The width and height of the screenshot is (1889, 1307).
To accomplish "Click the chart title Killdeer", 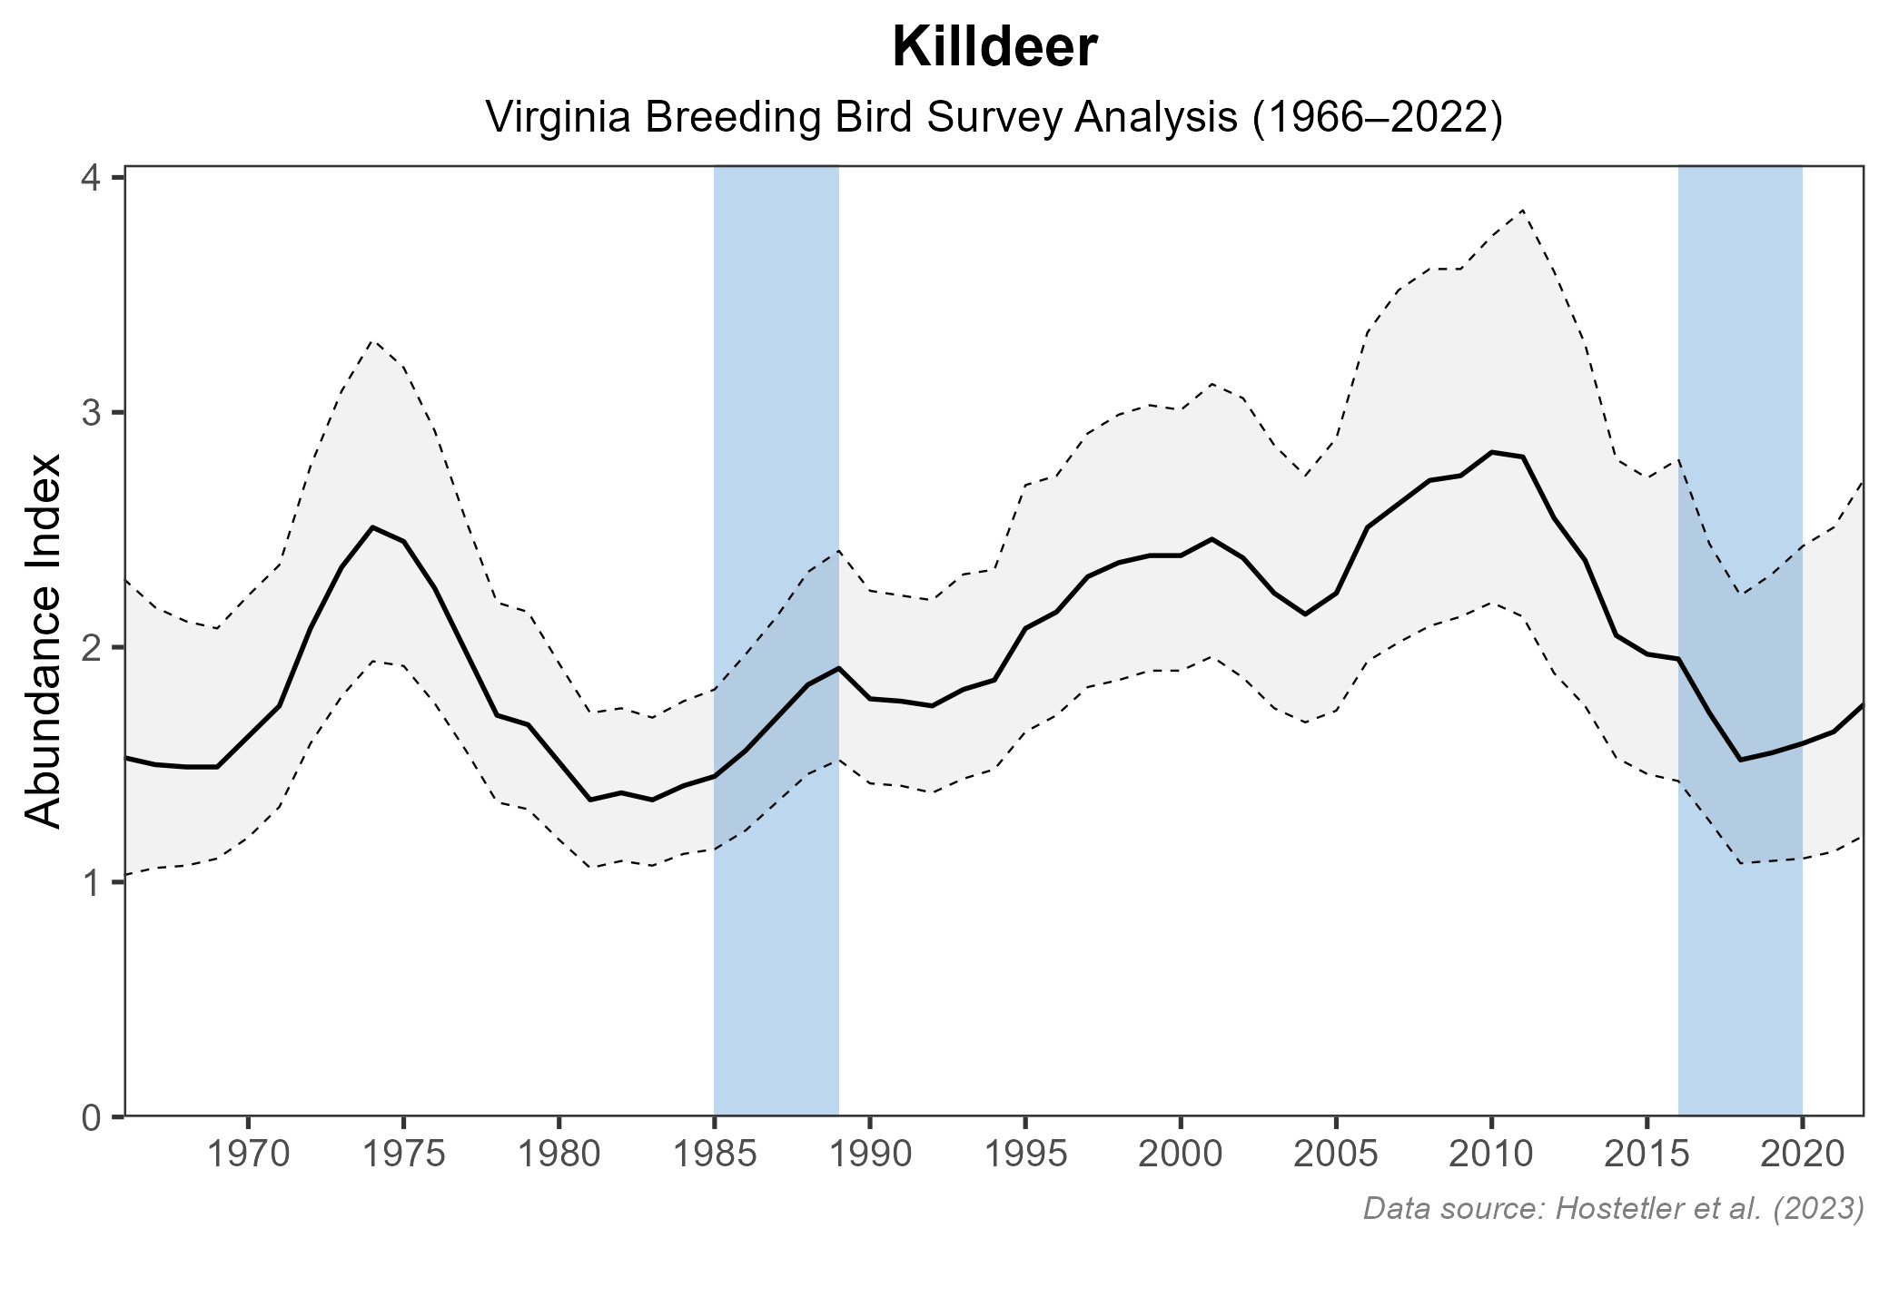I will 994,48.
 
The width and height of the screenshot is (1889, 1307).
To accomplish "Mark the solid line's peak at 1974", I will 372,526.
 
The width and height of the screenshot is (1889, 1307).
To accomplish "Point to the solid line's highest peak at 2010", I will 1490,451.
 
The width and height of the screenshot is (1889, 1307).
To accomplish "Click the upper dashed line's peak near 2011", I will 1522,210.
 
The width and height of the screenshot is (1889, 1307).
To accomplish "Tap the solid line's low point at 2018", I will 1740,760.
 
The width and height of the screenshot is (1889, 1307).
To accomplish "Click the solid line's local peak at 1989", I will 838,667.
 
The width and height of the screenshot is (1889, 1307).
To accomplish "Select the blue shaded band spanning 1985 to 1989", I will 776,953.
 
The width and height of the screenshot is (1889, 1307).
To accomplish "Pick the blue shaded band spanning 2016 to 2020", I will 1740,953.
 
